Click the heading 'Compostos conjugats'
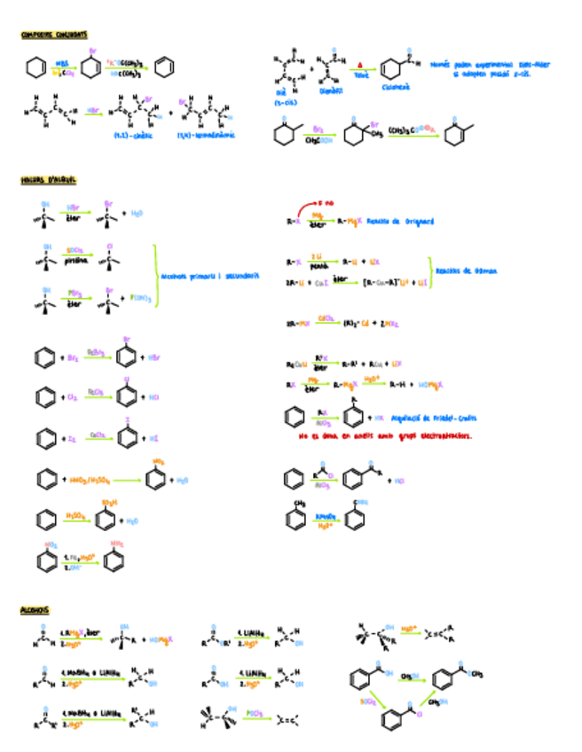point(54,35)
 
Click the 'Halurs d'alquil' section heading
point(49,180)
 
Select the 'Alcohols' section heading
point(36,610)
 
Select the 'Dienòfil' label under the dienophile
point(330,90)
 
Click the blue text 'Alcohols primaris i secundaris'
point(209,275)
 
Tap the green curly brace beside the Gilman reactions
point(430,270)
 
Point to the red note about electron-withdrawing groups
point(385,436)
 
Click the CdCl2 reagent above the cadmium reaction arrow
point(326,317)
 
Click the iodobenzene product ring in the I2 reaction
point(130,436)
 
